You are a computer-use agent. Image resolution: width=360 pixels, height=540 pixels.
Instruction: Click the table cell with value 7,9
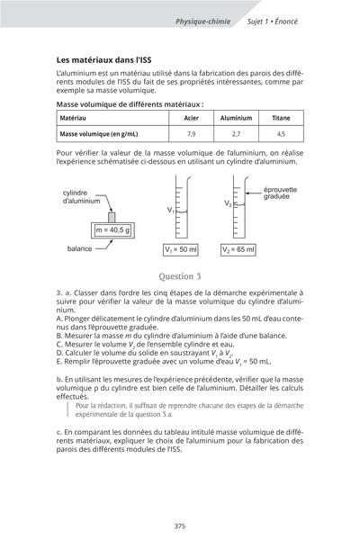pyautogui.click(x=191, y=133)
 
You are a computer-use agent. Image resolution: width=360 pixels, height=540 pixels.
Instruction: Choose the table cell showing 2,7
pyautogui.click(x=236, y=133)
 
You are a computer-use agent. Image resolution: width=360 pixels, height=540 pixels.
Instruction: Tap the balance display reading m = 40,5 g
pyautogui.click(x=112, y=230)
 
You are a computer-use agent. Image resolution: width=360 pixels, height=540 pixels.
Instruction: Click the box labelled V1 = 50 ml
pyautogui.click(x=181, y=249)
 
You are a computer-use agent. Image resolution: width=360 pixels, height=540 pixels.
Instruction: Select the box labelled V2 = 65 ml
pyautogui.click(x=238, y=249)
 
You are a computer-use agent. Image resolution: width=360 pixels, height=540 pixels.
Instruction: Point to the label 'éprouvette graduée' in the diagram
pyautogui.click(x=280, y=193)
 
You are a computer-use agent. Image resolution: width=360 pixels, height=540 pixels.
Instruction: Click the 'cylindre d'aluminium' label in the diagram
pyautogui.click(x=82, y=197)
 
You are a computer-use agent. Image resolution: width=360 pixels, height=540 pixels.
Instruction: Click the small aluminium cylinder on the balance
pyautogui.click(x=112, y=217)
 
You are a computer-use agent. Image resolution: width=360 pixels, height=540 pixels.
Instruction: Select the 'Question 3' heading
pyautogui.click(x=179, y=276)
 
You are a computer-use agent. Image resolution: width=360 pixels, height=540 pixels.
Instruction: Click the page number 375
pyautogui.click(x=180, y=526)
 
